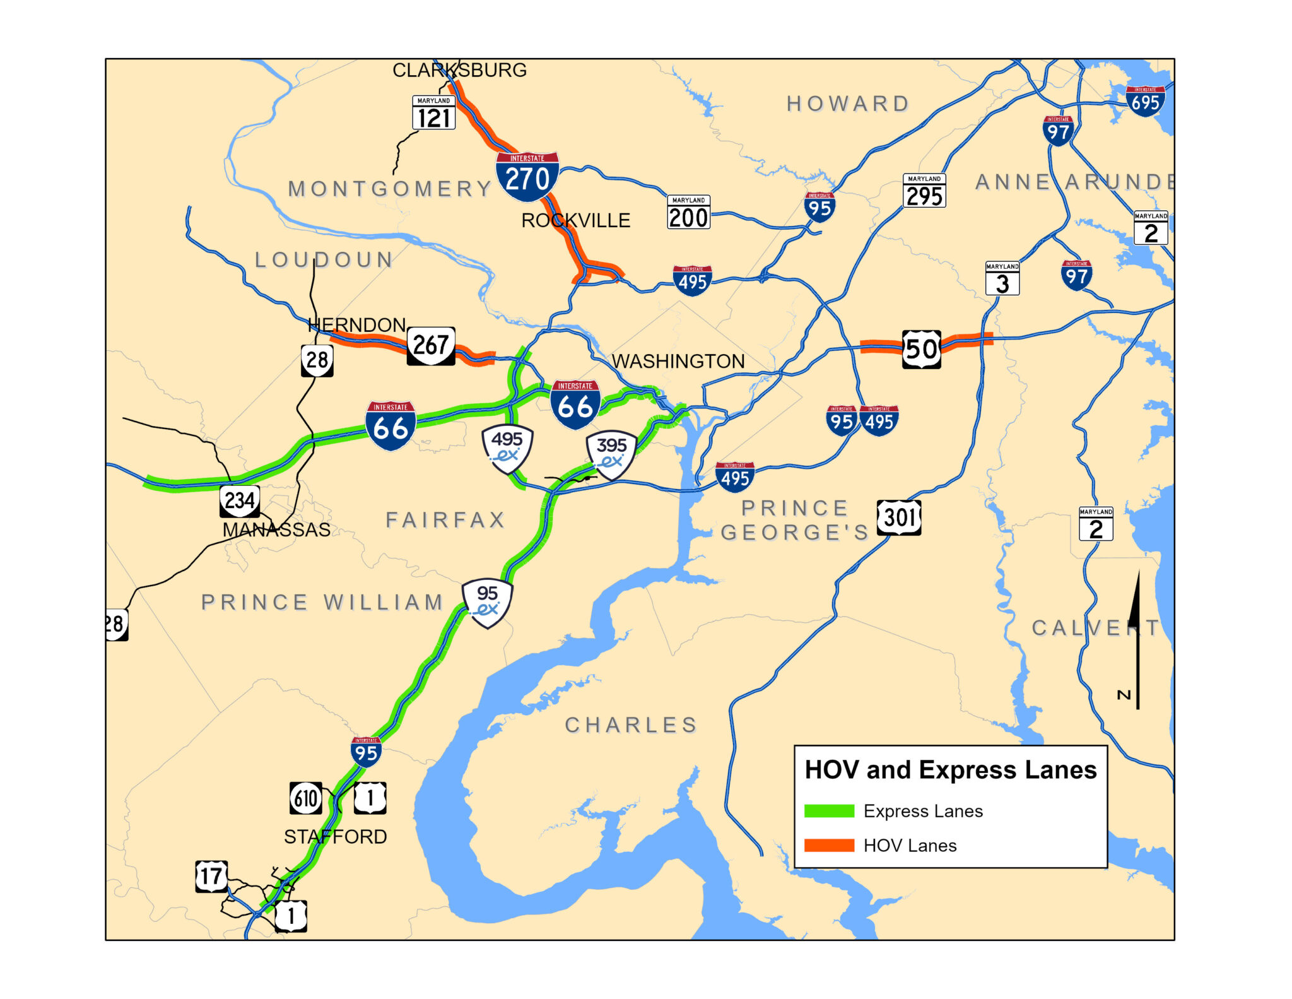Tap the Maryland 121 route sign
(434, 113)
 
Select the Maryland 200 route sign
(689, 212)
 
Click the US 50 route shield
(922, 349)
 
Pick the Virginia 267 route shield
(431, 345)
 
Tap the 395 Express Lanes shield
(611, 454)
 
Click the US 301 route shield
(899, 517)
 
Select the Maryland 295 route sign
(924, 191)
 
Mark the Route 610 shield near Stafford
(306, 798)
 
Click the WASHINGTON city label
(678, 362)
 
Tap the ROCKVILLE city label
(575, 221)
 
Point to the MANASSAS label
(276, 530)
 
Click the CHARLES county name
(631, 725)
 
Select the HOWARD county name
(848, 103)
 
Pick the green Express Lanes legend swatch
(829, 811)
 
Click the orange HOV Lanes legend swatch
(829, 846)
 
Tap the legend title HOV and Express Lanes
(951, 771)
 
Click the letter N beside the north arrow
(1124, 695)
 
